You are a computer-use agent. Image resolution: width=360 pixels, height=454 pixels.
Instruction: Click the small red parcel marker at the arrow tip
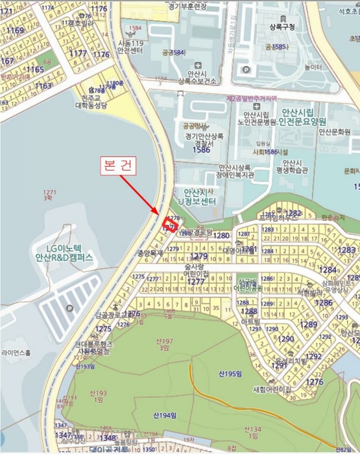[x=171, y=224]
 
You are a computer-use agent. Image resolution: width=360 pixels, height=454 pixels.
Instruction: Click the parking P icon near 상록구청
[x=246, y=69]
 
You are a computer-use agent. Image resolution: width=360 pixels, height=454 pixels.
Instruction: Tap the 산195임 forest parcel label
[x=230, y=374]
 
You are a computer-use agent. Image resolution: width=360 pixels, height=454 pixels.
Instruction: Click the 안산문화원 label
[x=334, y=130]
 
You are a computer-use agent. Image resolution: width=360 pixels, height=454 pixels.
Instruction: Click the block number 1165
[x=35, y=69]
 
